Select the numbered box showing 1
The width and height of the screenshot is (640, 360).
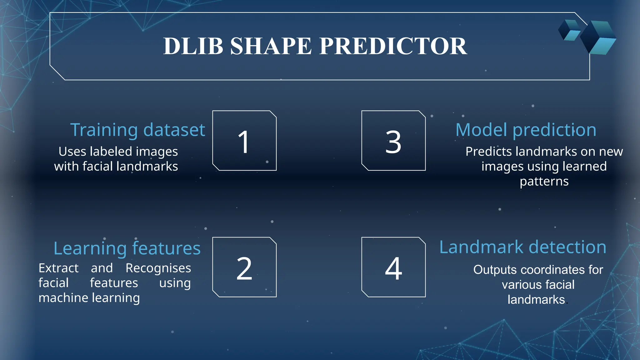coord(244,141)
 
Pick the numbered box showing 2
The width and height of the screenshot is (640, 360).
coord(244,267)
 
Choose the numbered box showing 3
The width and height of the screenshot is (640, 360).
coord(393,141)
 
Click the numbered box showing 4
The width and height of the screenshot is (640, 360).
coord(393,267)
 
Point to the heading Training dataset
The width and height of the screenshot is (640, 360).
coord(137,130)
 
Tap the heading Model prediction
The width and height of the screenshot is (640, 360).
coord(526,130)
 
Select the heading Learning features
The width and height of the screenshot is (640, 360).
coord(127,248)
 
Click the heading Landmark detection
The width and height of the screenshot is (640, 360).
coord(522,247)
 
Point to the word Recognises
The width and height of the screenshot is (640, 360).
coord(158,268)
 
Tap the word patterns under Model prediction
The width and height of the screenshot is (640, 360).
coord(544,182)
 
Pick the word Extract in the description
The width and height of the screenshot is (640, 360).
coord(58,268)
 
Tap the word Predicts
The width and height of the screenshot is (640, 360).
coord(488,152)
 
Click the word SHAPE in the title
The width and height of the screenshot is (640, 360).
coord(271,46)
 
